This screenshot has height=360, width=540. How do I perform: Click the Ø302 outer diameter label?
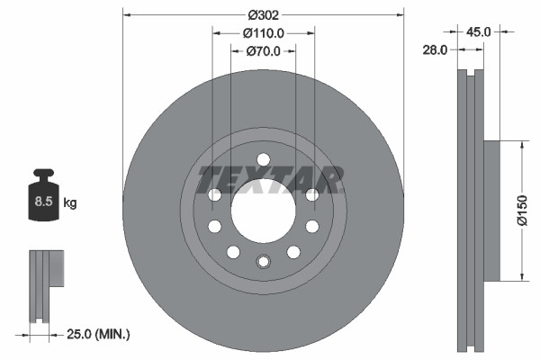[263, 14]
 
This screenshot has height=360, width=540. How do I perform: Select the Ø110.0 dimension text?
[264, 32]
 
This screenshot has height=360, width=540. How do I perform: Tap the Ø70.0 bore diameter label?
[264, 51]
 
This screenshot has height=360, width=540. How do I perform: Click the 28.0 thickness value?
[435, 50]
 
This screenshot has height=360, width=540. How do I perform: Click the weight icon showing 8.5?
[43, 200]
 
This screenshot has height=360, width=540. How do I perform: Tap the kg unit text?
[70, 203]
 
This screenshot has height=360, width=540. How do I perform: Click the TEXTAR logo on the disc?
[270, 180]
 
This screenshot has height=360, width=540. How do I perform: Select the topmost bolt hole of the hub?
[263, 159]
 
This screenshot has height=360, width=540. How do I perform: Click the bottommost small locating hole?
[263, 262]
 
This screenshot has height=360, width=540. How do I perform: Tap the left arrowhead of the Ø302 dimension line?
[126, 14]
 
